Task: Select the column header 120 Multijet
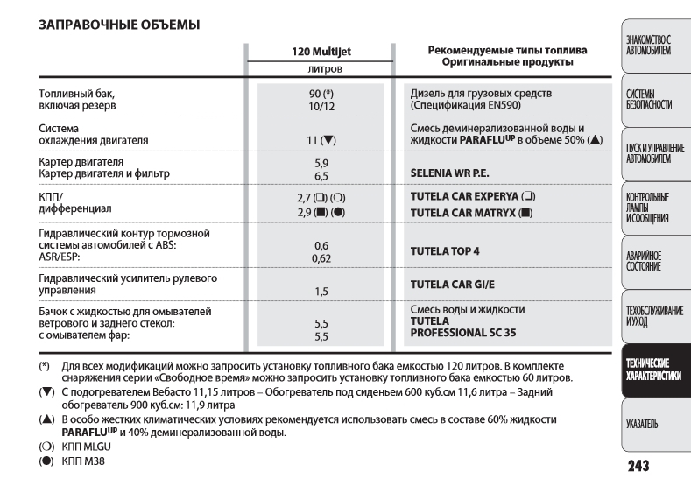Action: pos(317,52)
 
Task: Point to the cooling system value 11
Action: pos(312,139)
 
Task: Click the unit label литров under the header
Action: pos(317,67)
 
